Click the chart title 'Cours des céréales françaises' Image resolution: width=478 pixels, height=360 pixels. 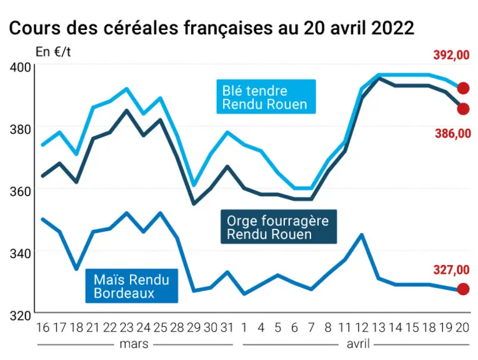pyautogui.click(x=140, y=28)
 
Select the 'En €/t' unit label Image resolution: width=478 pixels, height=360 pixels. pyautogui.click(x=53, y=52)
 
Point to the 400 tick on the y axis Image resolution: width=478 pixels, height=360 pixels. pyautogui.click(x=20, y=67)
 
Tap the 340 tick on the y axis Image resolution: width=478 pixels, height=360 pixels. pyautogui.click(x=20, y=253)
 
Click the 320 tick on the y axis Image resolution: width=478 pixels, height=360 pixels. pyautogui.click(x=20, y=316)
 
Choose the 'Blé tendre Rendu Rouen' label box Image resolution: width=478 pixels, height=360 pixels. pyautogui.click(x=266, y=97)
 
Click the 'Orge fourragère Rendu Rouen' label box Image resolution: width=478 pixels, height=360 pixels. pyautogui.click(x=279, y=226)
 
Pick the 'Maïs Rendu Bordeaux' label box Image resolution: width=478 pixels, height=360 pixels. pyautogui.click(x=132, y=286)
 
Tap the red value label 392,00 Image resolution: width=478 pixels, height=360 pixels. pyautogui.click(x=452, y=55)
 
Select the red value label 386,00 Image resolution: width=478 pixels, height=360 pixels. pyautogui.click(x=453, y=134)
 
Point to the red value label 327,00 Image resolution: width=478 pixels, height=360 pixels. pyautogui.click(x=452, y=270)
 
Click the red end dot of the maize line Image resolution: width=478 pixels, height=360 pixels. pyautogui.click(x=464, y=289)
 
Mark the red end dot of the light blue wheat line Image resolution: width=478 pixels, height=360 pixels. pyautogui.click(x=464, y=88)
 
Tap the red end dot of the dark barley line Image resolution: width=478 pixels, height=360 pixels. pyautogui.click(x=464, y=109)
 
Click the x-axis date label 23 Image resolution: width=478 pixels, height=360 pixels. pyautogui.click(x=126, y=327)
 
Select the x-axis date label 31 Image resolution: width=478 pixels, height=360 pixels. pyautogui.click(x=227, y=327)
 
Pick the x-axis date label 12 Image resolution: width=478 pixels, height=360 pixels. pyautogui.click(x=362, y=327)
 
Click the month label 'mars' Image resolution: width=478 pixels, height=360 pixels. pyautogui.click(x=134, y=344)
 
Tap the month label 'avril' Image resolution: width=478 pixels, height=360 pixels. pyautogui.click(x=358, y=344)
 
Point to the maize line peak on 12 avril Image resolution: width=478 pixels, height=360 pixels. pyautogui.click(x=362, y=235)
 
